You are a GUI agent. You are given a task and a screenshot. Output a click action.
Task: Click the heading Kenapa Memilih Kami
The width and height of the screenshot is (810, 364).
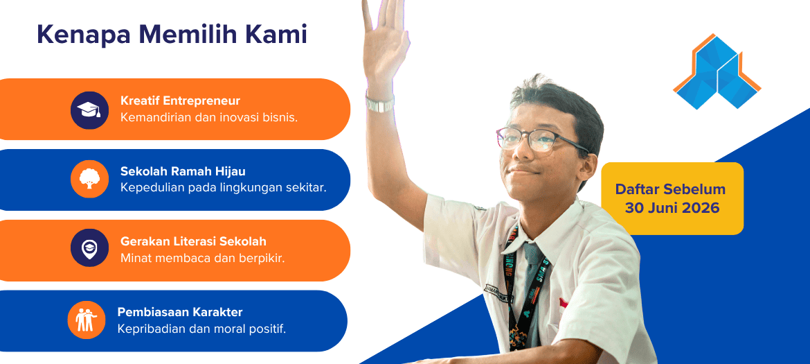pyautogui.click(x=172, y=35)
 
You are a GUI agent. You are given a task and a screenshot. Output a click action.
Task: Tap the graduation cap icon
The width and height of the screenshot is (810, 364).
pyautogui.click(x=89, y=110)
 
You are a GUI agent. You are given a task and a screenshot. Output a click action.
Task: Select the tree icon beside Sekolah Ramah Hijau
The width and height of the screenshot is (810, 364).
pyautogui.click(x=89, y=179)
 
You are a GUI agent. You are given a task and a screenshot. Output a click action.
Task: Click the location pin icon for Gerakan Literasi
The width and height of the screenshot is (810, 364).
pyautogui.click(x=89, y=248)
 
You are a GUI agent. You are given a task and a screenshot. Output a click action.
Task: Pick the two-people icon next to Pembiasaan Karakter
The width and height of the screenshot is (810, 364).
pyautogui.click(x=87, y=320)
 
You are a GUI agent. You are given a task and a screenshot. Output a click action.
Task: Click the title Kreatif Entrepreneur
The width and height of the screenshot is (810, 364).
pyautogui.click(x=180, y=101)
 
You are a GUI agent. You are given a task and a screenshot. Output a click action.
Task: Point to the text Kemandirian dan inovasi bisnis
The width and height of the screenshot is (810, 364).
pyautogui.click(x=208, y=117)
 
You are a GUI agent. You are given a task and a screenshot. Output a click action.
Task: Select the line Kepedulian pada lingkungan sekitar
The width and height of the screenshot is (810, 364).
pyautogui.click(x=224, y=188)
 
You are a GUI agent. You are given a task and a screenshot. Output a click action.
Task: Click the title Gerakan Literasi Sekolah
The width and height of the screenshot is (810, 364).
pyautogui.click(x=193, y=241)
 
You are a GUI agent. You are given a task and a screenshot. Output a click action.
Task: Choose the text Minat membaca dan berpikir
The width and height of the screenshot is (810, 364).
pyautogui.click(x=202, y=258)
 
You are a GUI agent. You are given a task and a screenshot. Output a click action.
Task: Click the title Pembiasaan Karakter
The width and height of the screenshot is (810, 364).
pyautogui.click(x=180, y=312)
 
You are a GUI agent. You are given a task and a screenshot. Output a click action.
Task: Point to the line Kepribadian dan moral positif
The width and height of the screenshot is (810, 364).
pyautogui.click(x=201, y=329)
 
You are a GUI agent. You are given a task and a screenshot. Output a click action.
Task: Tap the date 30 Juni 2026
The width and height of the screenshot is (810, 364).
pyautogui.click(x=672, y=208)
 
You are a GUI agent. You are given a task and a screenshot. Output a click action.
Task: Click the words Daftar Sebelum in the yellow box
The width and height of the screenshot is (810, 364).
pyautogui.click(x=671, y=189)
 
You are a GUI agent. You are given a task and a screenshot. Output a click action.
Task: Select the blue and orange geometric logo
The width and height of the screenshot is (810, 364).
pyautogui.click(x=717, y=71)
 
